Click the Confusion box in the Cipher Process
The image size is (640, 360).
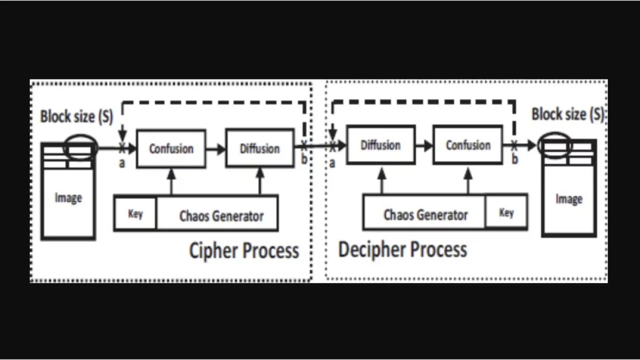pyautogui.click(x=171, y=148)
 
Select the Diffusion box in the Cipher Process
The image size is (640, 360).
pyautogui.click(x=259, y=148)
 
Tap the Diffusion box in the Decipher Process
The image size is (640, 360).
pyautogui.click(x=380, y=145)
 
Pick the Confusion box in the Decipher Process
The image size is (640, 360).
pyautogui.click(x=468, y=145)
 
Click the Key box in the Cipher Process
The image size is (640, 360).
pyautogui.click(x=135, y=214)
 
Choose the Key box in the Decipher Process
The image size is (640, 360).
pyautogui.click(x=506, y=212)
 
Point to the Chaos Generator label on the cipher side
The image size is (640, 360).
pyautogui.click(x=221, y=216)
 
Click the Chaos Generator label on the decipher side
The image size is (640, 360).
pyautogui.click(x=425, y=214)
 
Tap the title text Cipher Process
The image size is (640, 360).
pyautogui.click(x=244, y=250)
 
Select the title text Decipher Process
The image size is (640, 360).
pyautogui.click(x=402, y=249)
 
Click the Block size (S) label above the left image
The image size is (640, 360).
pyautogui.click(x=76, y=117)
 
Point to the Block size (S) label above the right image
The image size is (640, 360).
pyautogui.click(x=568, y=114)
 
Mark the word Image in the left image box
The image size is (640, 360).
pyautogui.click(x=68, y=198)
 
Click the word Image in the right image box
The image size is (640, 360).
pyautogui.click(x=568, y=199)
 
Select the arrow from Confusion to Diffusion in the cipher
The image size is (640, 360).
pyautogui.click(x=215, y=148)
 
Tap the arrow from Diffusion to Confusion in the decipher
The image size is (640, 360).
pyautogui.click(x=424, y=145)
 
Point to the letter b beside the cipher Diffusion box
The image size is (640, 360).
pyautogui.click(x=304, y=160)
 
